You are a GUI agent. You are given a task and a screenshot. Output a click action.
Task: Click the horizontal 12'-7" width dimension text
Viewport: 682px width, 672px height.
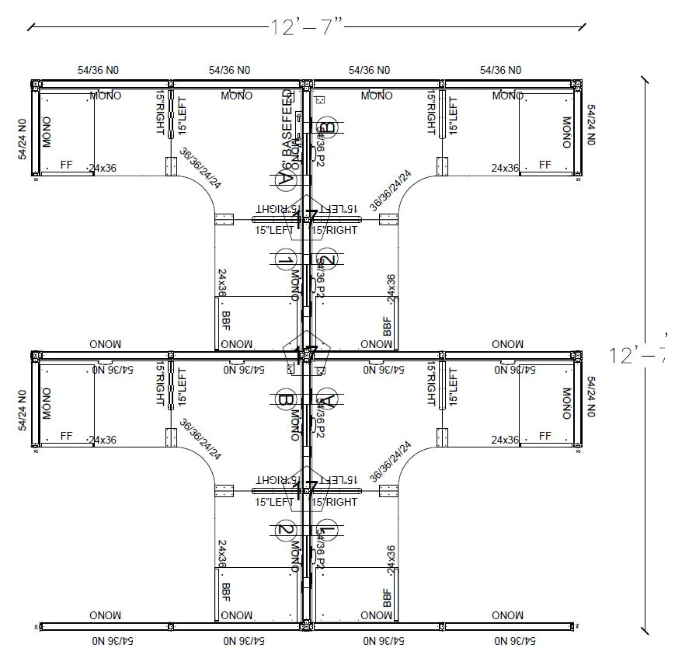pyautogui.click(x=306, y=27)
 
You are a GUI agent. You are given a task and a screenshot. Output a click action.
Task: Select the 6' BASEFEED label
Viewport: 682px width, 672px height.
pyautogui.click(x=287, y=128)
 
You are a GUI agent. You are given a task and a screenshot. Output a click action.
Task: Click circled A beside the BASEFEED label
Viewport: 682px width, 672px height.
pyautogui.click(x=284, y=179)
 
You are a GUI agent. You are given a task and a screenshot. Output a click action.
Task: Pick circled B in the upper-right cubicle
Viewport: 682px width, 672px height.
pyautogui.click(x=328, y=128)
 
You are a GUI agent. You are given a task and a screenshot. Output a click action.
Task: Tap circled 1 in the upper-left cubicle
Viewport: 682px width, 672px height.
pyautogui.click(x=285, y=260)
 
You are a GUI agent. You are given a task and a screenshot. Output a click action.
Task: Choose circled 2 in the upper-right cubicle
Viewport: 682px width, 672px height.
pyautogui.click(x=328, y=260)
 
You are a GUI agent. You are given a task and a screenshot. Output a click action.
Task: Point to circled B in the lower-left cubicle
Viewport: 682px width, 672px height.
pyautogui.click(x=284, y=401)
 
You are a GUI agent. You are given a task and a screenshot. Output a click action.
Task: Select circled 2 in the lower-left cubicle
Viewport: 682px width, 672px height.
pyautogui.click(x=285, y=531)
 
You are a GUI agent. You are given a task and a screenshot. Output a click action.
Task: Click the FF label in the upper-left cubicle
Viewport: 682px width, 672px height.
pyautogui.click(x=66, y=165)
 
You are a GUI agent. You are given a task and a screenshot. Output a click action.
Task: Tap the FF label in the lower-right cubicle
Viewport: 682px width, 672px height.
pyautogui.click(x=545, y=437)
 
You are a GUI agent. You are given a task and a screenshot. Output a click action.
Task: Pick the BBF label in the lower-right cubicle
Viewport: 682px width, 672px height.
pyautogui.click(x=387, y=597)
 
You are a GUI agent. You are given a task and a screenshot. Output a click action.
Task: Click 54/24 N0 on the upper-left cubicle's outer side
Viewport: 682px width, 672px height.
pyautogui.click(x=23, y=139)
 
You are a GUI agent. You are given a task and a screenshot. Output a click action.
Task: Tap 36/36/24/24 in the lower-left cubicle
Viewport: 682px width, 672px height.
pyautogui.click(x=200, y=439)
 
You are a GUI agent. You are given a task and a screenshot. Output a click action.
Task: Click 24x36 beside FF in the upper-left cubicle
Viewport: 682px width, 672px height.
pyautogui.click(x=103, y=168)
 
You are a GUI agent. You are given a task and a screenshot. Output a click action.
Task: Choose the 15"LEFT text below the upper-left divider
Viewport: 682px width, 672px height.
pyautogui.click(x=274, y=230)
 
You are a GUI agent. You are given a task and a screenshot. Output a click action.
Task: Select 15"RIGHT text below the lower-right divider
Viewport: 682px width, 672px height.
pyautogui.click(x=335, y=502)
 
